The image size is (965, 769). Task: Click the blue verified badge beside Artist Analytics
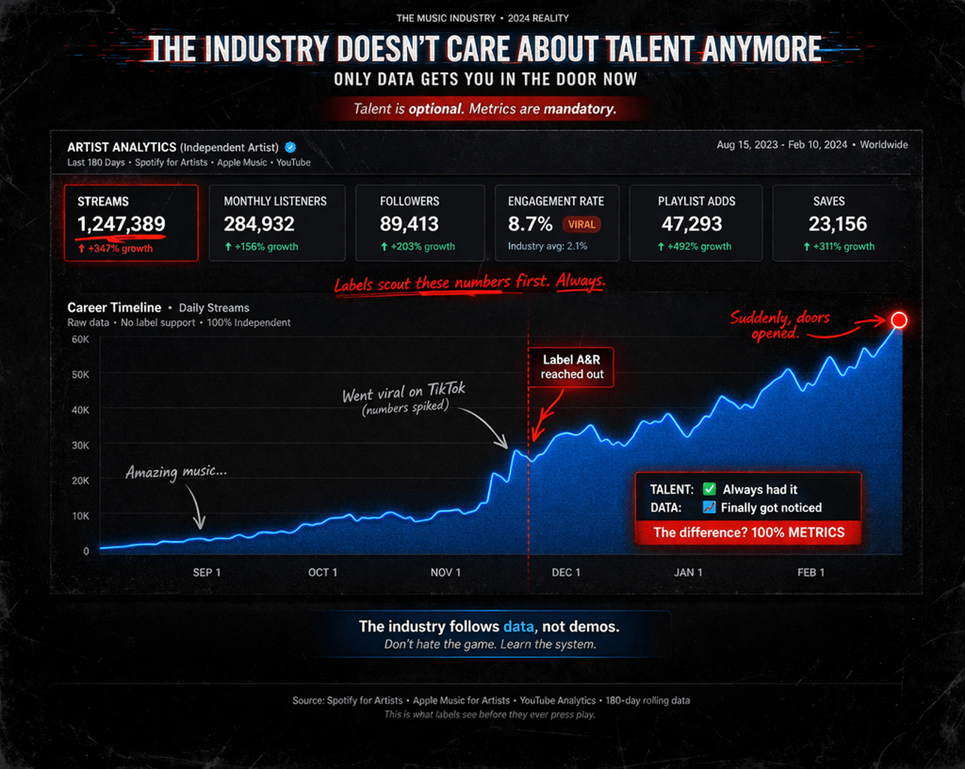click(291, 147)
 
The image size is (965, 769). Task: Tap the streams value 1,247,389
click(121, 224)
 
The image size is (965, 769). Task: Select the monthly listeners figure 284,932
click(259, 224)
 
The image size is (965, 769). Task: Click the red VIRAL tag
click(581, 224)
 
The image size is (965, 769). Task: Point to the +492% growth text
click(695, 246)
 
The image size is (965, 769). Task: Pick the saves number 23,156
click(837, 224)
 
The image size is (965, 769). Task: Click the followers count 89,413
click(409, 224)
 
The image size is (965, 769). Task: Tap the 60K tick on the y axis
click(80, 339)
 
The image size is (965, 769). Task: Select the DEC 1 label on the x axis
click(565, 572)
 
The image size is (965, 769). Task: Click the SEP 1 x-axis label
click(207, 572)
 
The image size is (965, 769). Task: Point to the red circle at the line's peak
click(899, 321)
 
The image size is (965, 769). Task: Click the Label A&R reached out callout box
click(571, 367)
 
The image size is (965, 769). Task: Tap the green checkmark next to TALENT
click(709, 489)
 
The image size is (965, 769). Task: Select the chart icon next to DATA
click(709, 508)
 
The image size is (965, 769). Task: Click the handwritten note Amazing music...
click(176, 472)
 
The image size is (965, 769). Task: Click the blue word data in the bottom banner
click(518, 626)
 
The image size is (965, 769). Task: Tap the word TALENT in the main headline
click(650, 50)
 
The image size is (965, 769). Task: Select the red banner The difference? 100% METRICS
click(748, 532)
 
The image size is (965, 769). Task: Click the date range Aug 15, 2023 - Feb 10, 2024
click(781, 145)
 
